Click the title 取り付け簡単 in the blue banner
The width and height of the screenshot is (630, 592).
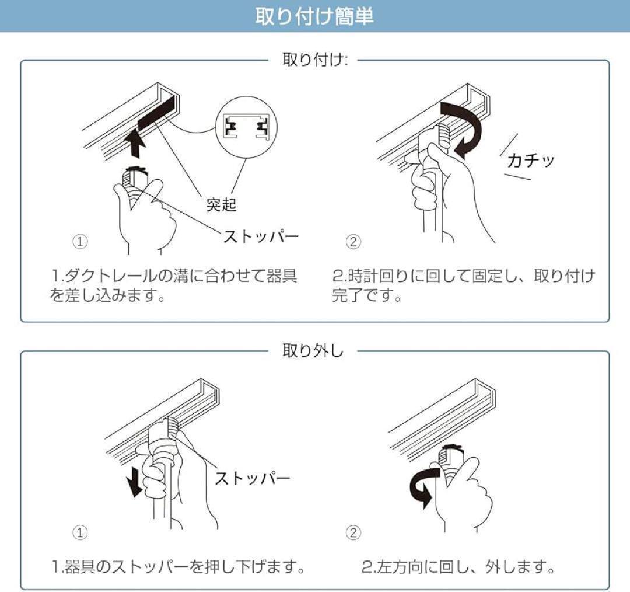(314, 16)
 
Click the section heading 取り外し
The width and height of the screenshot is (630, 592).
(313, 351)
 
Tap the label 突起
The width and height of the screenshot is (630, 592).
(221, 205)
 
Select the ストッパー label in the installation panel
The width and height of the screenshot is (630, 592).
(261, 236)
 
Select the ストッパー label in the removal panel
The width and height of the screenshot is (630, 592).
(253, 478)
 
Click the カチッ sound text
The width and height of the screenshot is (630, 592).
(531, 161)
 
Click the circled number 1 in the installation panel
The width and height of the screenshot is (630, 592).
(80, 242)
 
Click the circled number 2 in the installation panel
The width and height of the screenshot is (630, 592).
(353, 242)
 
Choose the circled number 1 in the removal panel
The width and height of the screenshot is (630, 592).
(80, 533)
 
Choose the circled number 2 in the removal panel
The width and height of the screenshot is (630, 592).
(353, 533)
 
